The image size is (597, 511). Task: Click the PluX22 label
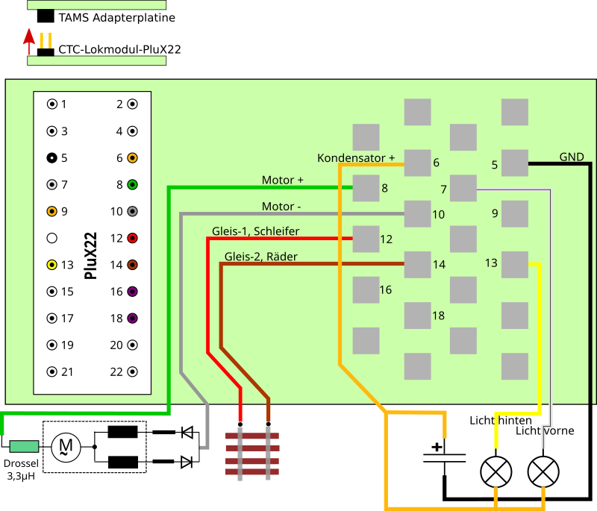pyautogui.click(x=91, y=255)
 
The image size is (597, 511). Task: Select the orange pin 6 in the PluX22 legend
pyautogui.click(x=132, y=158)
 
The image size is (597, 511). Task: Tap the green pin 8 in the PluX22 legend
pyautogui.click(x=132, y=184)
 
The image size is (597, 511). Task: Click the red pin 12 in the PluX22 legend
pyautogui.click(x=132, y=239)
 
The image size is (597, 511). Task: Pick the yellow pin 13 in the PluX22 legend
pyautogui.click(x=51, y=265)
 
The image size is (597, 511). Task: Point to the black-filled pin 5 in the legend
pyautogui.click(x=51, y=158)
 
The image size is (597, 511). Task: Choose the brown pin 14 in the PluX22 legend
pyautogui.click(x=132, y=265)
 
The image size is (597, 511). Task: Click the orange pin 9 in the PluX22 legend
pyautogui.click(x=51, y=211)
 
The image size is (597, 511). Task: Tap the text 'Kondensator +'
pyautogui.click(x=356, y=158)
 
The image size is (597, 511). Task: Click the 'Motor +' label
pyautogui.click(x=282, y=180)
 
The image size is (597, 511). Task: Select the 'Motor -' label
pyautogui.click(x=281, y=207)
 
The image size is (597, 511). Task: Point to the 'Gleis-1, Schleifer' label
pyautogui.click(x=255, y=231)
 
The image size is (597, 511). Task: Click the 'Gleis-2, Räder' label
pyautogui.click(x=260, y=257)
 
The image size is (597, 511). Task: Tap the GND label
pyautogui.click(x=572, y=157)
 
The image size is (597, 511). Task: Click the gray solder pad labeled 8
pyautogui.click(x=366, y=188)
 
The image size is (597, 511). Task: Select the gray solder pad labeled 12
pyautogui.click(x=366, y=239)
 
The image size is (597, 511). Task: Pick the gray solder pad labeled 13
pyautogui.click(x=515, y=264)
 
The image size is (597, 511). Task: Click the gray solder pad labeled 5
pyautogui.click(x=515, y=163)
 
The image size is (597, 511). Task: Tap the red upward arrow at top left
pyautogui.click(x=29, y=41)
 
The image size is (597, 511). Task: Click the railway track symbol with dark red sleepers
pyautogui.click(x=252, y=454)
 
